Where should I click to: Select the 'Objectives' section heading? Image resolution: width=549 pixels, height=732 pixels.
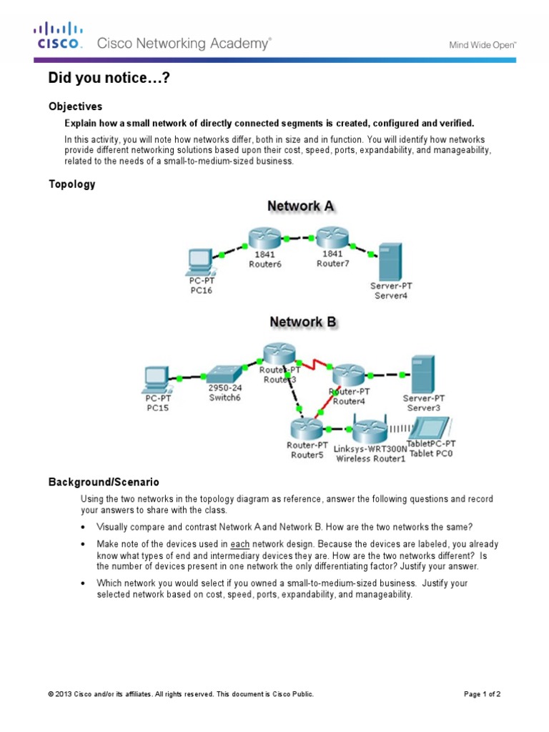[x=75, y=107]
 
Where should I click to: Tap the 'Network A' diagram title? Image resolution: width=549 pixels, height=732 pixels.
[x=300, y=206]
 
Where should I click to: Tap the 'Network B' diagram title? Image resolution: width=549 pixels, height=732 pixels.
[x=302, y=322]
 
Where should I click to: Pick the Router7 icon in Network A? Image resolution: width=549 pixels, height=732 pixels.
[x=331, y=237]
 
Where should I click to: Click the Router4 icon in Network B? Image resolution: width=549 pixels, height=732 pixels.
[x=349, y=374]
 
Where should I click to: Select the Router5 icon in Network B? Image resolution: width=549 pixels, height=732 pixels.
[x=307, y=428]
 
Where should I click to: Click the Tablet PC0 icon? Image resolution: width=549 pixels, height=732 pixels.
[x=430, y=427]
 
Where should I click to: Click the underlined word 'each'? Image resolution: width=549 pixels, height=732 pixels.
[x=239, y=544]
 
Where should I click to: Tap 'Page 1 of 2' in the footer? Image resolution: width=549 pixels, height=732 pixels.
[x=482, y=694]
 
